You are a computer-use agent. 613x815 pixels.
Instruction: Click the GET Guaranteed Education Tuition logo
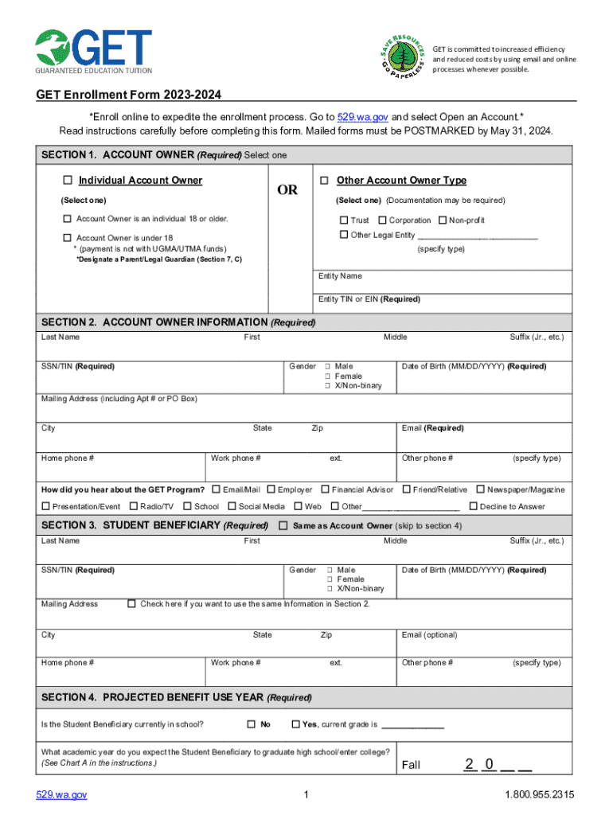93,52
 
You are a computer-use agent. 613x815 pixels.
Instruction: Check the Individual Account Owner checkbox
68,181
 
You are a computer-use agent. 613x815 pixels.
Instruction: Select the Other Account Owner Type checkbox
325,181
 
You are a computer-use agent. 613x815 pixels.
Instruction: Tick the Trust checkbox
344,220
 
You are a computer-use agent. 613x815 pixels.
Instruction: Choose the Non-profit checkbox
443,220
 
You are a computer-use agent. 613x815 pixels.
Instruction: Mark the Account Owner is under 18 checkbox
68,238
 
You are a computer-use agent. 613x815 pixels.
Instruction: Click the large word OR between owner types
287,190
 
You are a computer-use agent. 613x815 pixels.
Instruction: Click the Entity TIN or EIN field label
369,299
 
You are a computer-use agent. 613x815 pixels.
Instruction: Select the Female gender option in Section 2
327,376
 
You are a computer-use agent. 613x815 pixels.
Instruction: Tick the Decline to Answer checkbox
474,506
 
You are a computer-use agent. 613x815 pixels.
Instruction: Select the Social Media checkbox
232,506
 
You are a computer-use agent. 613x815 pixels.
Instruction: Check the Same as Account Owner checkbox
283,525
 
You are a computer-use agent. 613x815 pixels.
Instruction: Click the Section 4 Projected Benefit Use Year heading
176,697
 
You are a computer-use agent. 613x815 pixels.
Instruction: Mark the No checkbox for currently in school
251,724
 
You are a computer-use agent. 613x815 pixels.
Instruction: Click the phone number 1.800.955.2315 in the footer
539,795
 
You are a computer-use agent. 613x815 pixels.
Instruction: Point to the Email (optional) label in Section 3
430,635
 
